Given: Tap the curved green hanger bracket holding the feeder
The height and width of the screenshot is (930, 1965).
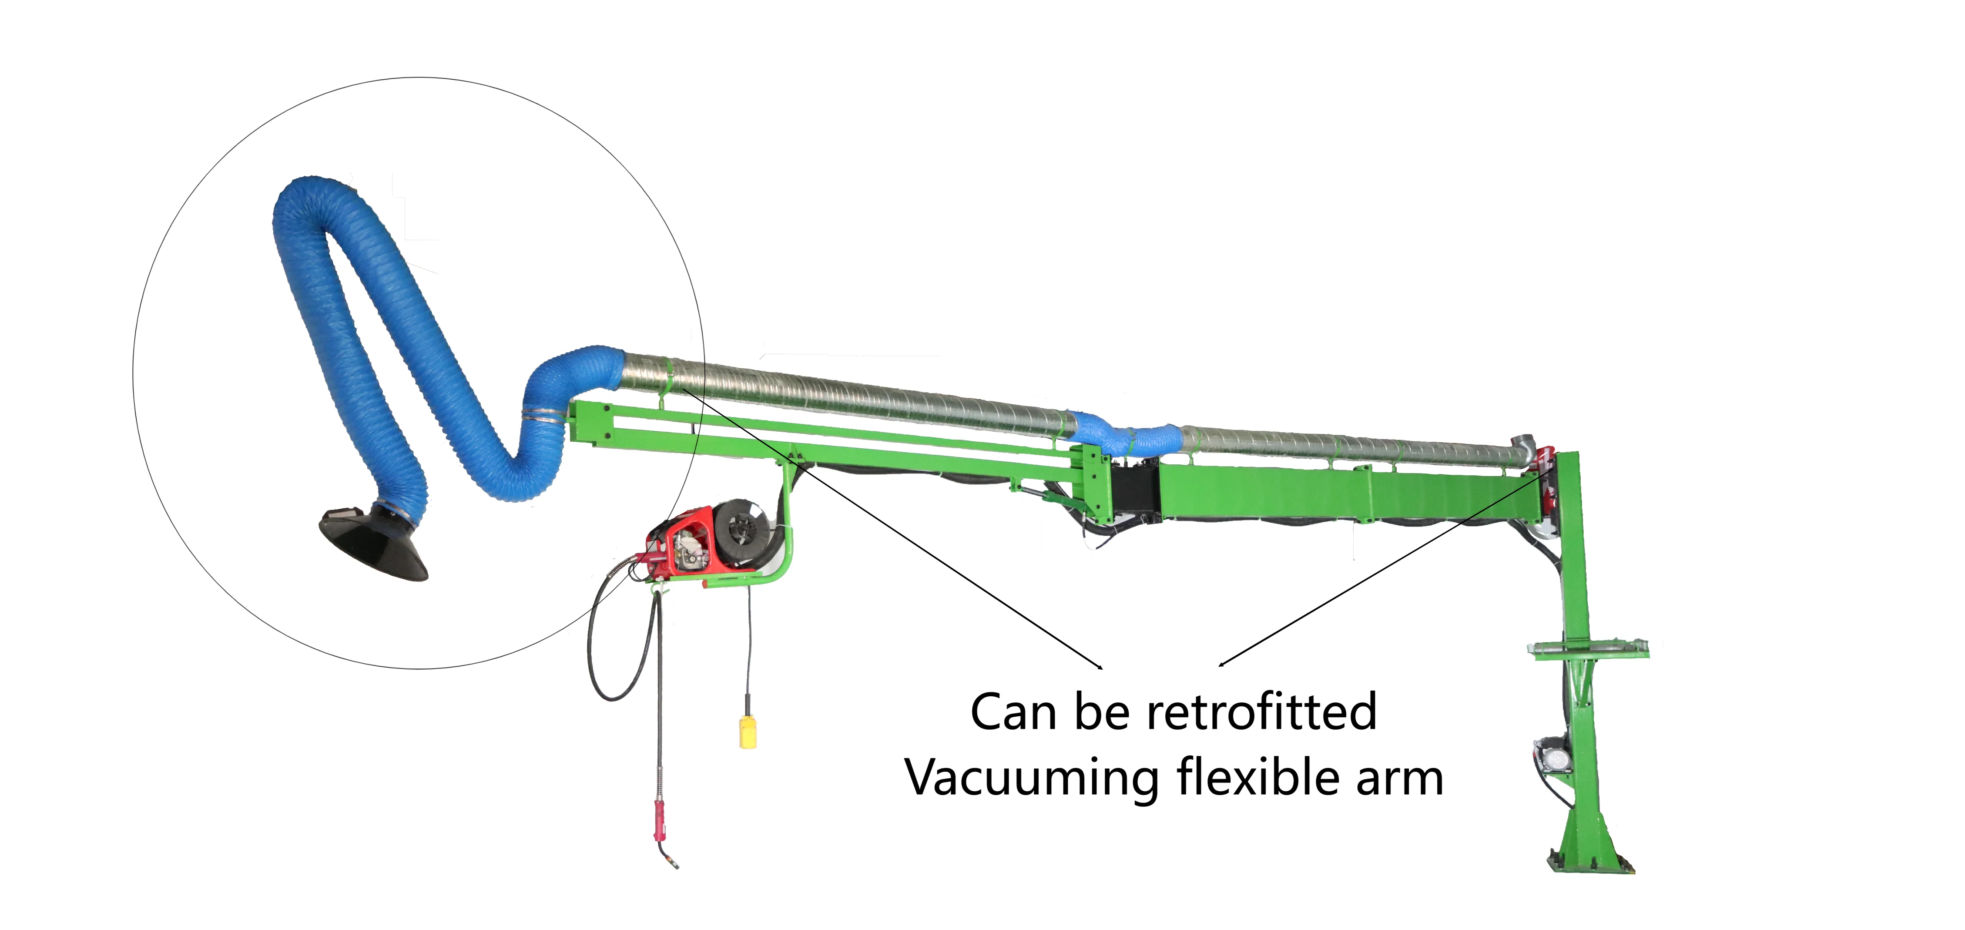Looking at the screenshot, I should [x=786, y=534].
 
